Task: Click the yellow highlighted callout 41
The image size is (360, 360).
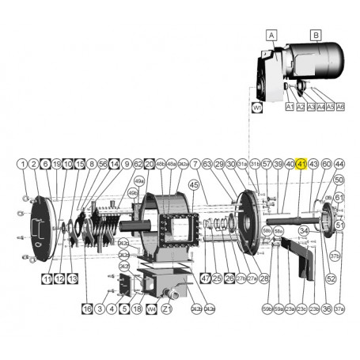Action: point(301,163)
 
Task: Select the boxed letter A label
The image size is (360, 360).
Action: point(271,36)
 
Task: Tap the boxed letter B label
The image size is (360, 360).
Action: point(315,36)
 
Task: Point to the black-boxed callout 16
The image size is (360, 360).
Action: point(87,308)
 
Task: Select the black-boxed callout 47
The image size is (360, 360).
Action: point(205,279)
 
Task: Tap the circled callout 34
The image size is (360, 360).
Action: point(302,231)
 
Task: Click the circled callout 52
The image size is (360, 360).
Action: point(331,279)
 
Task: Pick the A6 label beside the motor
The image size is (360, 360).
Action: point(340,106)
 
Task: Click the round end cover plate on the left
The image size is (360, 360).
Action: point(40,229)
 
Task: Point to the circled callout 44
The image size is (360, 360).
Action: point(339,163)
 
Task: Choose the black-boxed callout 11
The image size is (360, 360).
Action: point(47,279)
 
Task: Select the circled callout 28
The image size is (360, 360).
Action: point(264,279)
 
